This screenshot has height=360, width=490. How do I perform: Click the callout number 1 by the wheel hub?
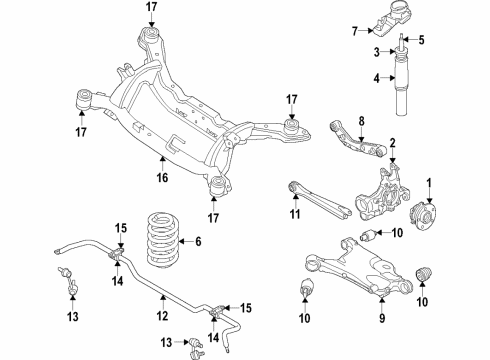pyautogui.click(x=430, y=182)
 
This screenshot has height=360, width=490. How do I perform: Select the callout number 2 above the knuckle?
pyautogui.click(x=393, y=143)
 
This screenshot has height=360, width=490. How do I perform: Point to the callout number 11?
pyautogui.click(x=294, y=213)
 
